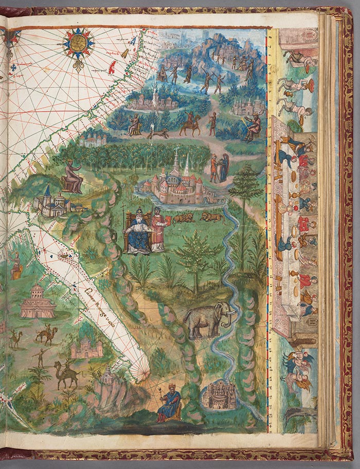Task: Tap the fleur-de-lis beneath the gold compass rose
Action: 78,64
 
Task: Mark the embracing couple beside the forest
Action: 219,168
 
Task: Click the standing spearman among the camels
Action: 41,358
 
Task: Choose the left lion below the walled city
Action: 183,218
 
